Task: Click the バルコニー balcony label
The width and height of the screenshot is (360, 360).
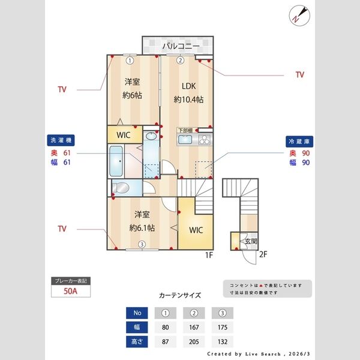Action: pos(178,46)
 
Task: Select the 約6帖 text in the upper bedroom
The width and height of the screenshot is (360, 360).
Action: pos(133,95)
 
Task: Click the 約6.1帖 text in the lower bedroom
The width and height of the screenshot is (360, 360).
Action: pos(142,228)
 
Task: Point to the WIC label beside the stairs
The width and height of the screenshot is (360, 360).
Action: pos(196,230)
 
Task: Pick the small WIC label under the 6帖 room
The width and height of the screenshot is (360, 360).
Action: pos(124,134)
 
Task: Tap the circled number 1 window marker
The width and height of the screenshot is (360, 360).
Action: pos(130,59)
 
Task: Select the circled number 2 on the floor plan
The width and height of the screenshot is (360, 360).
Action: pos(179,59)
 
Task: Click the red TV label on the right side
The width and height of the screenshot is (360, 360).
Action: pos(300,75)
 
